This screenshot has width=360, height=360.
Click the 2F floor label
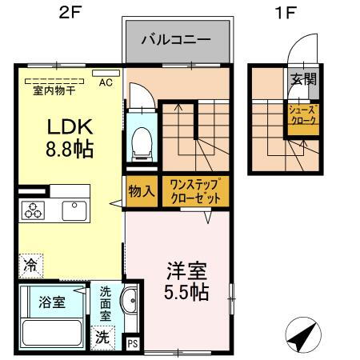point(70,12)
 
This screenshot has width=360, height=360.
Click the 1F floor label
point(286,12)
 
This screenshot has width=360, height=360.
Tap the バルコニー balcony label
point(176,40)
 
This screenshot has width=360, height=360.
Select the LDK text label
point(70,127)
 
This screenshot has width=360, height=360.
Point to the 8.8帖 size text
point(70,149)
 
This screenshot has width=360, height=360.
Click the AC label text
point(106,82)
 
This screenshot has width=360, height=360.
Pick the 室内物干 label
point(54,90)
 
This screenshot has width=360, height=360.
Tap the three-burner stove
point(33,210)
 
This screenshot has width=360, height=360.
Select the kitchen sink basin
point(74,210)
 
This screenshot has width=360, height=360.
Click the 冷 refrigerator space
point(30,266)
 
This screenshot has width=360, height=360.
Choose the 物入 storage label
point(142,191)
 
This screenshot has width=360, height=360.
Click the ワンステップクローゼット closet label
point(195,191)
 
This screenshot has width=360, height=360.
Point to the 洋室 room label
point(186,271)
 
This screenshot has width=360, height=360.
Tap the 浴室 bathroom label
point(52,302)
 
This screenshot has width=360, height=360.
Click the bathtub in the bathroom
point(52,333)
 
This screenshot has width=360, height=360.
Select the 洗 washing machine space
point(102,338)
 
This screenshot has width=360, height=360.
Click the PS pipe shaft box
point(133,343)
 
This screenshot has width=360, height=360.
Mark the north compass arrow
point(303,334)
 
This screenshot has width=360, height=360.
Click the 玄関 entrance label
point(304,79)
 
